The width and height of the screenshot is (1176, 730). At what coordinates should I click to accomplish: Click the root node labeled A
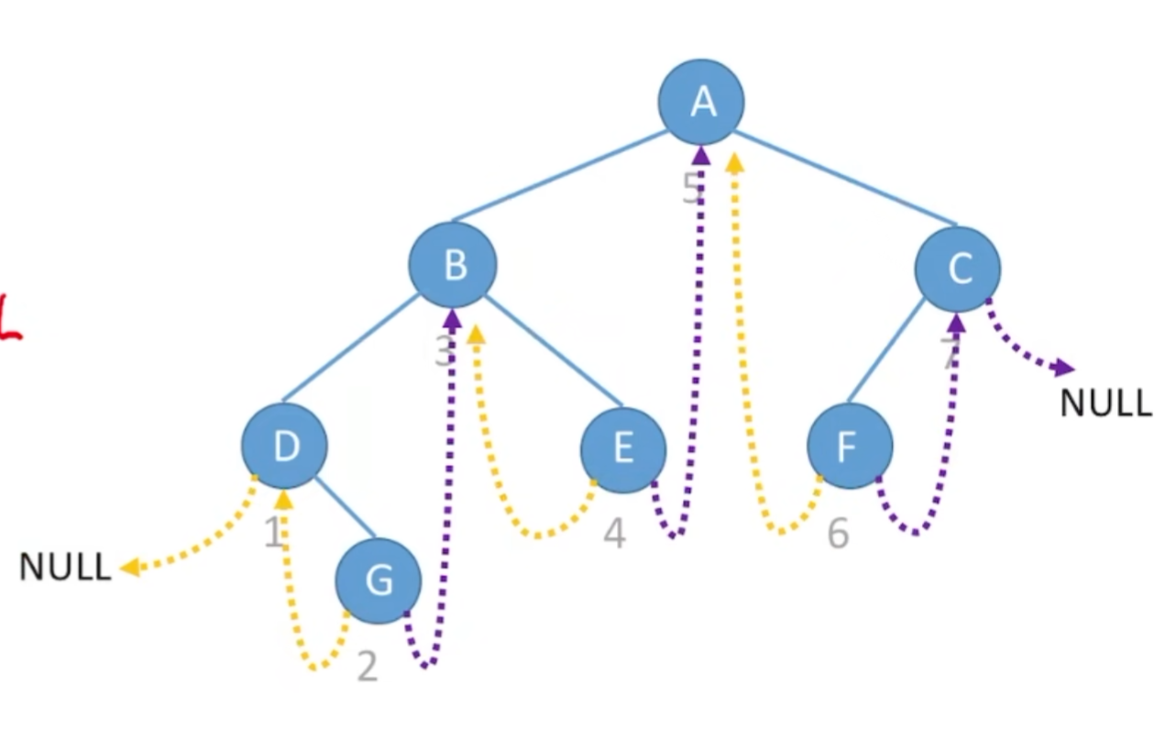701,102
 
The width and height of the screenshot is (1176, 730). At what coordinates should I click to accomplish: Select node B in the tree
453,265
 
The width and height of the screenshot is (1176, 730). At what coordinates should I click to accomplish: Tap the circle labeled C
958,269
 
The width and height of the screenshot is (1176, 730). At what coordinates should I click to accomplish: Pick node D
285,447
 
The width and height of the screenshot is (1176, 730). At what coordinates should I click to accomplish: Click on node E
623,448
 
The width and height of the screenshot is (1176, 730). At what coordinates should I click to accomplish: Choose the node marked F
849,447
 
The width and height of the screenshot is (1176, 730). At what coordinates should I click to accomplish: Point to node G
379,581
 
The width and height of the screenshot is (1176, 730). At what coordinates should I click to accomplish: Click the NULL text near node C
1105,404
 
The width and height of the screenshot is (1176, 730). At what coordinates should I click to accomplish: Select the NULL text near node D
64,568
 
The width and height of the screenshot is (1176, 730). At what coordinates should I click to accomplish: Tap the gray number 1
273,532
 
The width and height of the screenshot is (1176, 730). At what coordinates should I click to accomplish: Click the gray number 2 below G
367,667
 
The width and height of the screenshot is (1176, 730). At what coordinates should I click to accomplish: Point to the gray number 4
614,534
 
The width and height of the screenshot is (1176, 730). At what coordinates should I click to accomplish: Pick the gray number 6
838,533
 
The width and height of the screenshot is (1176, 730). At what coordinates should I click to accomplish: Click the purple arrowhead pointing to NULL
1064,369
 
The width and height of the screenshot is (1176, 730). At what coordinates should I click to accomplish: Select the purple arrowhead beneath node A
701,155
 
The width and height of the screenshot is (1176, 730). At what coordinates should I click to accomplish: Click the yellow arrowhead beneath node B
475,333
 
